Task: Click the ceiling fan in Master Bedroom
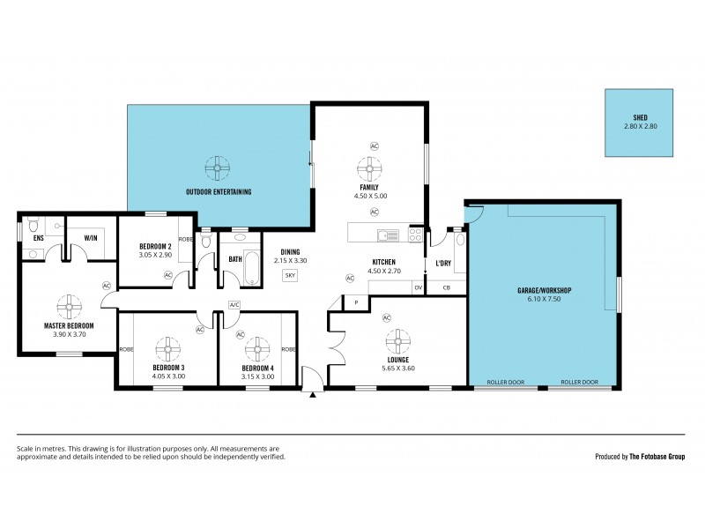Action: (x=69, y=305)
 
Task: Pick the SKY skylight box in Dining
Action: (x=290, y=276)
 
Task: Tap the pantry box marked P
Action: (x=357, y=302)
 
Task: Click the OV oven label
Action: (x=418, y=287)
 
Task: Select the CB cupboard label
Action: (x=446, y=287)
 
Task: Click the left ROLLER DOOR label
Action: (x=506, y=383)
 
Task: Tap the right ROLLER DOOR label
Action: (x=580, y=383)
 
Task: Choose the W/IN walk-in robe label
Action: (x=91, y=237)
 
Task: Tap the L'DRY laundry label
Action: (x=443, y=263)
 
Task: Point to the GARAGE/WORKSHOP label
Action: (x=544, y=290)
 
